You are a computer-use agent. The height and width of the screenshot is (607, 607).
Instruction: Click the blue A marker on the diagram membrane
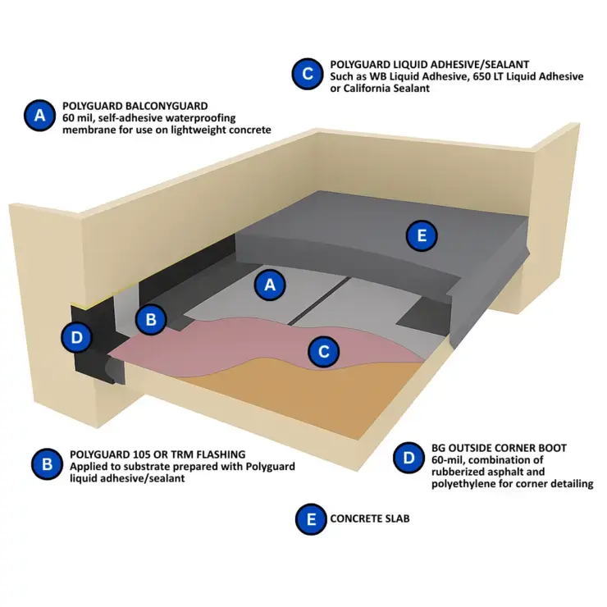pos(270,285)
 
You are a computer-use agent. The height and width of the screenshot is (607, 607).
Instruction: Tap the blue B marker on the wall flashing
pos(151,319)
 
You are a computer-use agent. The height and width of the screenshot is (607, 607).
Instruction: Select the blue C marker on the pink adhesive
pos(324,352)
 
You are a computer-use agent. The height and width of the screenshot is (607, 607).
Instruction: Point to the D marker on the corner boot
pos(77,337)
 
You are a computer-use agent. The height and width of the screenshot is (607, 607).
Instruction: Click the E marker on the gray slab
pos(422,235)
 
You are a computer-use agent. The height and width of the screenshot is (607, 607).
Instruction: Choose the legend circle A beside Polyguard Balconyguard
pos(40,116)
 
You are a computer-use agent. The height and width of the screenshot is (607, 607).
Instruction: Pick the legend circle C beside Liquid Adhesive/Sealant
pos(308,74)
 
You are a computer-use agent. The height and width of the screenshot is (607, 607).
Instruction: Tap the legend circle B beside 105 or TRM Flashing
pos(48,464)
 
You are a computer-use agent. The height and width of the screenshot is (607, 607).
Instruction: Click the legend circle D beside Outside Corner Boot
pos(408,458)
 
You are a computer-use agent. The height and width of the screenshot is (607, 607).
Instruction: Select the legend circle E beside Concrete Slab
pos(311,519)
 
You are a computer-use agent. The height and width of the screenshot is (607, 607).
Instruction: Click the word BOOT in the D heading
pos(552,448)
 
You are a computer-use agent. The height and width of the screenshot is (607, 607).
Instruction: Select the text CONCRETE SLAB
pos(370,518)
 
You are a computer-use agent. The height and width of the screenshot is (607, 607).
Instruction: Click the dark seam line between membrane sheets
pos(319,300)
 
